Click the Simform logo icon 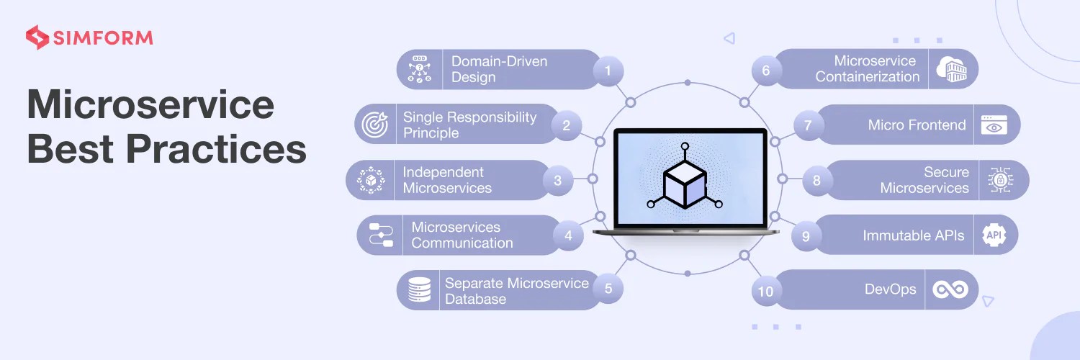[37, 37]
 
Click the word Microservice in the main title [150, 105]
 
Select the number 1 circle [608, 70]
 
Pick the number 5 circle [608, 289]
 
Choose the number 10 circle [765, 291]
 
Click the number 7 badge [808, 125]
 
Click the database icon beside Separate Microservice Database [418, 289]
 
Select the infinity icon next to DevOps [950, 289]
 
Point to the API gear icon [994, 235]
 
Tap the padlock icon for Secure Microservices [1000, 180]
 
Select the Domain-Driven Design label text [499, 69]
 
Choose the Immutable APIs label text [913, 235]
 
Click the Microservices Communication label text [462, 235]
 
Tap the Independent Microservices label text [446, 180]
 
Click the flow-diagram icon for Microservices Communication [381, 235]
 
